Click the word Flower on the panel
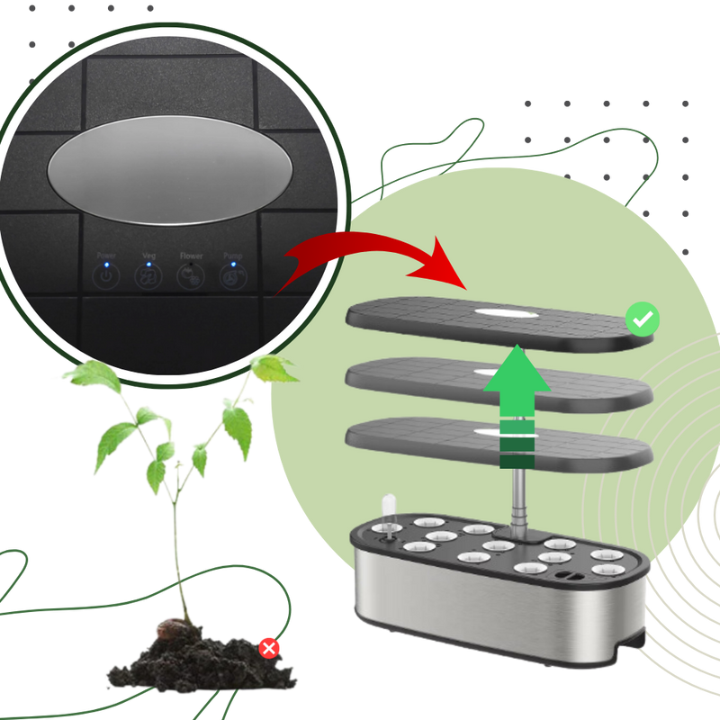(x=191, y=256)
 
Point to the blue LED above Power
(x=106, y=265)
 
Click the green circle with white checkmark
(x=643, y=319)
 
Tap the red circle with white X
(x=269, y=647)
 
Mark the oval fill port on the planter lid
(x=570, y=572)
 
